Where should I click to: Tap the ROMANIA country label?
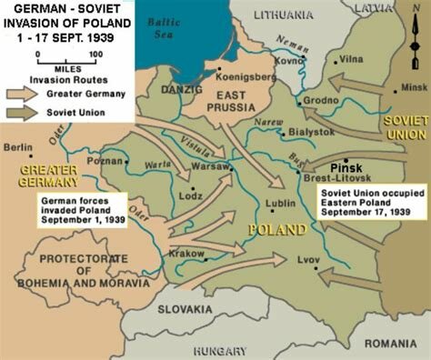[391, 343]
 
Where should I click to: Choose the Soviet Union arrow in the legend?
[28, 112]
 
